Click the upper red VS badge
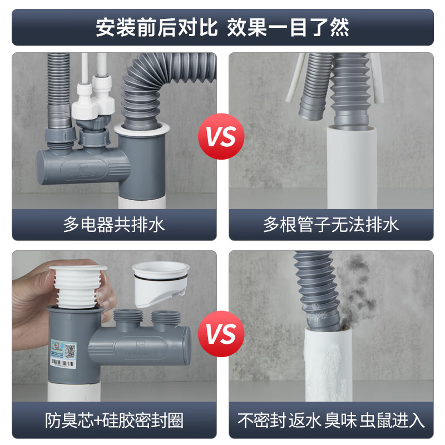click(x=221, y=136)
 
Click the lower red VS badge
click(x=221, y=334)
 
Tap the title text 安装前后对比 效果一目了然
click(x=222, y=27)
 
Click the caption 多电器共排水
click(x=114, y=225)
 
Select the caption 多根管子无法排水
click(x=331, y=225)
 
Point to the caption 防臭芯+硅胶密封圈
click(x=114, y=421)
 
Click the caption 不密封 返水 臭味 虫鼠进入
click(x=331, y=421)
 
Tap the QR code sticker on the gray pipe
click(x=70, y=350)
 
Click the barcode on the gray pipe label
click(x=62, y=363)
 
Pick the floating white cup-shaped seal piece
click(x=160, y=284)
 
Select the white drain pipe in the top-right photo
click(x=352, y=168)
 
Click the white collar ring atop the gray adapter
click(x=142, y=129)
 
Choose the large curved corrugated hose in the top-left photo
click(x=159, y=85)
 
